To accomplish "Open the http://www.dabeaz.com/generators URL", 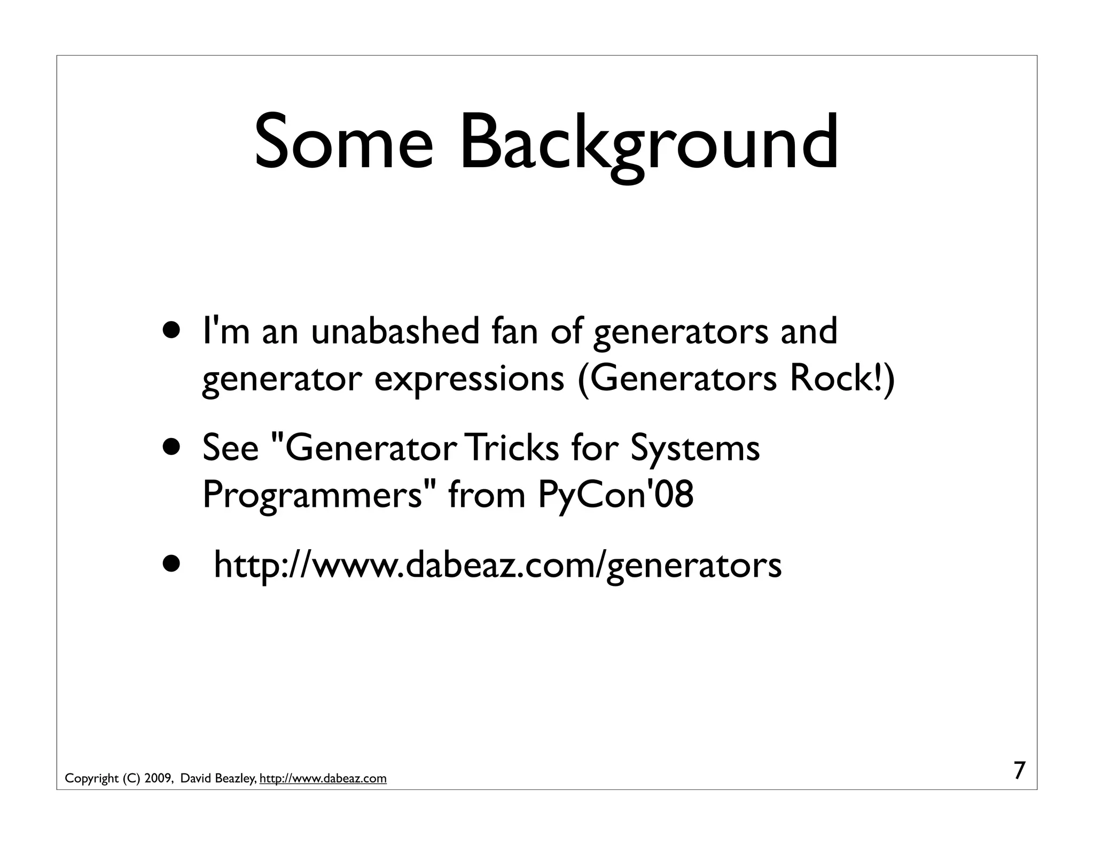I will [x=497, y=565].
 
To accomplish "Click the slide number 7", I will [x=1019, y=771].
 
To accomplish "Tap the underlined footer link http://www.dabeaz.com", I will [x=323, y=779].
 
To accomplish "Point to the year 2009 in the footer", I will [x=157, y=779].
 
